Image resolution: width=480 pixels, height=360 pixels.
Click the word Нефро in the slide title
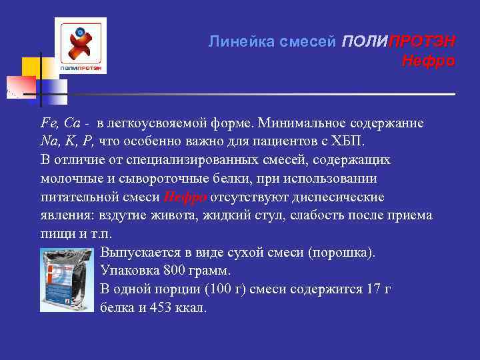coord(428,62)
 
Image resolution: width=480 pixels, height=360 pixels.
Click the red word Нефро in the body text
coord(185,197)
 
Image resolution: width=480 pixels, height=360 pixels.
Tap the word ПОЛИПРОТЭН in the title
coord(399,41)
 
